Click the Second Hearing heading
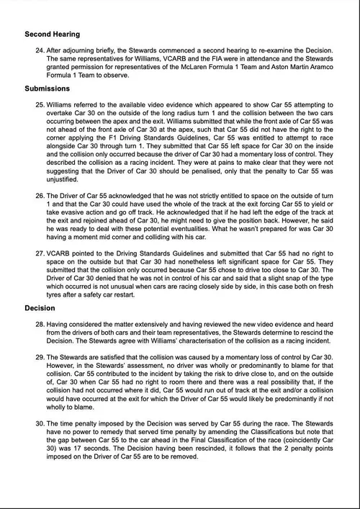pyautogui.click(x=52, y=34)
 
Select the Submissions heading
pyautogui.click(x=48, y=89)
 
